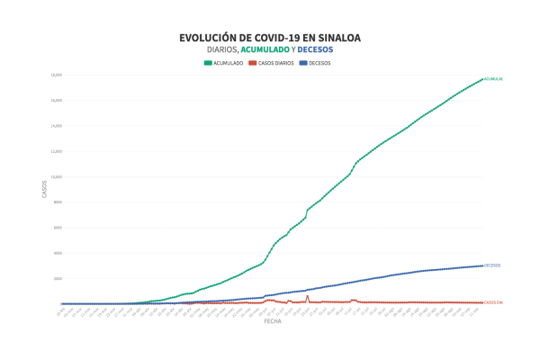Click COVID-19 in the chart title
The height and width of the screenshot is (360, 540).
(276, 38)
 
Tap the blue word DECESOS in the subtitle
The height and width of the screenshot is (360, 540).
(314, 49)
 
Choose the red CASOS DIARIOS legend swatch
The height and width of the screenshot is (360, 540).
(253, 63)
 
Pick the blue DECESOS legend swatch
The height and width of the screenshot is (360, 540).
(302, 63)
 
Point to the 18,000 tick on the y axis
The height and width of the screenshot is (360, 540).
(56, 75)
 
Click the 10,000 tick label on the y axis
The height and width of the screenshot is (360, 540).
(56, 176)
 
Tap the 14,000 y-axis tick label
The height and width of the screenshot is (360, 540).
(56, 126)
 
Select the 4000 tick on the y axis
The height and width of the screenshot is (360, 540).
(56, 253)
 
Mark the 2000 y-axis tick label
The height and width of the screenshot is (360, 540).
(56, 278)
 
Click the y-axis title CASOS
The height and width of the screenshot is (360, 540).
(43, 189)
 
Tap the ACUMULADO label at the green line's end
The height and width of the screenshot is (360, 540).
(493, 79)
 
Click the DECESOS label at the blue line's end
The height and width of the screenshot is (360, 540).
(492, 265)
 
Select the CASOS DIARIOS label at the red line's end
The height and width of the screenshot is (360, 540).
(493, 302)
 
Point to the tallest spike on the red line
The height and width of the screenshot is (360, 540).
(307, 295)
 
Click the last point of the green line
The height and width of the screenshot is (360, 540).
(482, 79)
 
